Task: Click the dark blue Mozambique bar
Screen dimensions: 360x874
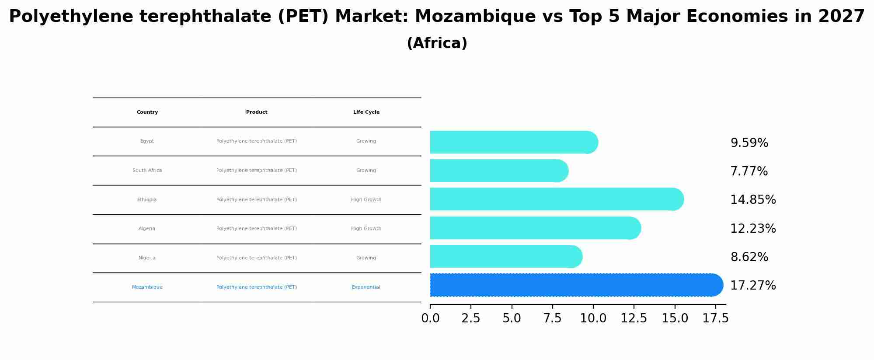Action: pyautogui.click(x=573, y=285)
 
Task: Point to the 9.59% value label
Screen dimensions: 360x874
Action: pyautogui.click(x=749, y=143)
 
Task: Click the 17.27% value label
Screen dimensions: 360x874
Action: pyautogui.click(x=753, y=286)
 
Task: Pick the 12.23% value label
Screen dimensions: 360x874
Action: pyautogui.click(x=753, y=229)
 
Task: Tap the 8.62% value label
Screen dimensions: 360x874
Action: pyautogui.click(x=749, y=257)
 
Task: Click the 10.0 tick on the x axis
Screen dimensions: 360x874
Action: pyautogui.click(x=593, y=318)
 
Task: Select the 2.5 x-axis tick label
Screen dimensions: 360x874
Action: pyautogui.click(x=470, y=318)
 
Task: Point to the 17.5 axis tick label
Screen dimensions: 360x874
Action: pyautogui.click(x=715, y=318)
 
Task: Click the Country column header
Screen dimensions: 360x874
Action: pyautogui.click(x=147, y=112)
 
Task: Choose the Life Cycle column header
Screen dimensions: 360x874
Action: pyautogui.click(x=366, y=112)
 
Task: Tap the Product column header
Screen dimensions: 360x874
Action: pyautogui.click(x=257, y=112)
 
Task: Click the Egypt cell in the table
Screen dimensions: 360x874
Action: pyautogui.click(x=147, y=141)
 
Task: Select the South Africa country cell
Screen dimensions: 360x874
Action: pyautogui.click(x=147, y=171)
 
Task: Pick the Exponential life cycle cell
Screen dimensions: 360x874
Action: pyautogui.click(x=366, y=287)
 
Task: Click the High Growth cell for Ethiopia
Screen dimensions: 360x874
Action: pyautogui.click(x=366, y=200)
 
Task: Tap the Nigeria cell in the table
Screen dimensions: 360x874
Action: pyautogui.click(x=147, y=258)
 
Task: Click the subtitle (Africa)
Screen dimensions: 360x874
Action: pyautogui.click(x=437, y=43)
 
